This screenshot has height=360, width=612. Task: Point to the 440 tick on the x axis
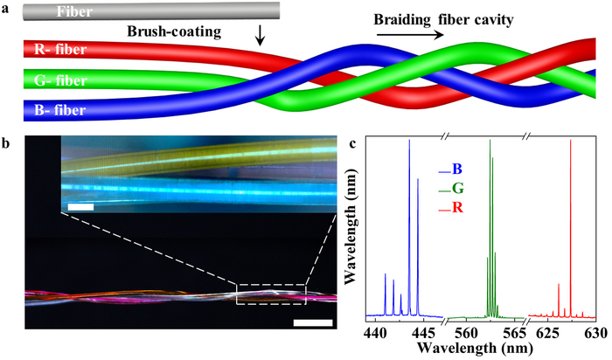(x=375, y=332)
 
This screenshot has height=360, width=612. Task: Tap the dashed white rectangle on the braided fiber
(x=271, y=294)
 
